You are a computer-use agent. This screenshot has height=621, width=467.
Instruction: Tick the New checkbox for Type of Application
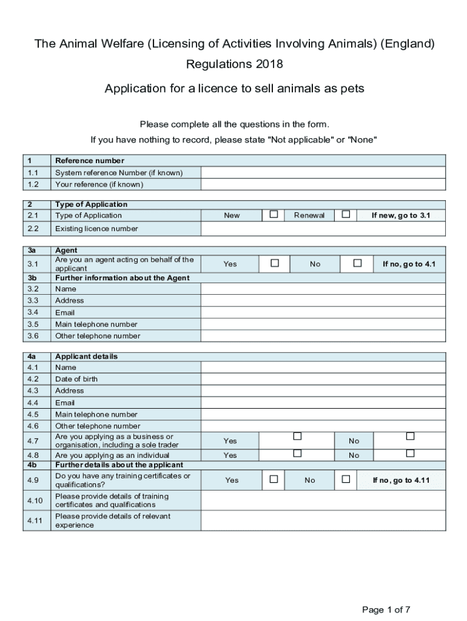[x=274, y=215]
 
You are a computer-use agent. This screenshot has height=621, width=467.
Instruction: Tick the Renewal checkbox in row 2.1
[x=346, y=215]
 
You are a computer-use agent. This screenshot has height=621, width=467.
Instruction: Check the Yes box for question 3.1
[x=275, y=263]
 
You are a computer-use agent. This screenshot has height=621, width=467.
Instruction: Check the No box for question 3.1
[x=357, y=263]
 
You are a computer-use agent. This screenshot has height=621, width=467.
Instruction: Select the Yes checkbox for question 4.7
[x=297, y=436]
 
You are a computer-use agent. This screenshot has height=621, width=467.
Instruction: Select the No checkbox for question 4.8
[x=411, y=453]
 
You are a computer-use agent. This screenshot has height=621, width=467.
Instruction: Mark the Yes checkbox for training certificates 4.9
[x=274, y=479]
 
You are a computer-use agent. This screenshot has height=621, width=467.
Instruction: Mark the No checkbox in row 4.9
[x=346, y=479]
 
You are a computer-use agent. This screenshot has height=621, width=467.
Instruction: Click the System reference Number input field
[x=323, y=173]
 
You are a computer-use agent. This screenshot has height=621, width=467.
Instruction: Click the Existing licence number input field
[x=323, y=229]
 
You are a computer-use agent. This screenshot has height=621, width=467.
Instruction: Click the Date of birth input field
[x=323, y=379]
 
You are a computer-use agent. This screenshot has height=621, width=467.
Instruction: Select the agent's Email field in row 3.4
[x=323, y=312]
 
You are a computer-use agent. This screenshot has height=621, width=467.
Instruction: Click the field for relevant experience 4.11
[x=323, y=521]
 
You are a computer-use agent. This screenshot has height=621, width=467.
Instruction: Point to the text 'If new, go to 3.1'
[x=401, y=215]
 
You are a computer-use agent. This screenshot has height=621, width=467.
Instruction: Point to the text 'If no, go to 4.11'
[x=401, y=480]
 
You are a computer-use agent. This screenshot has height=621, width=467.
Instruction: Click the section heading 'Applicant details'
[x=86, y=357]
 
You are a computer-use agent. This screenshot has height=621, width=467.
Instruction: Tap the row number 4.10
[x=35, y=501]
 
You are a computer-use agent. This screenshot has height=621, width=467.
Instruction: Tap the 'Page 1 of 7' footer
[x=386, y=609]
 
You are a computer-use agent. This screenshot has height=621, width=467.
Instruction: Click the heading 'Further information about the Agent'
[x=122, y=278]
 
